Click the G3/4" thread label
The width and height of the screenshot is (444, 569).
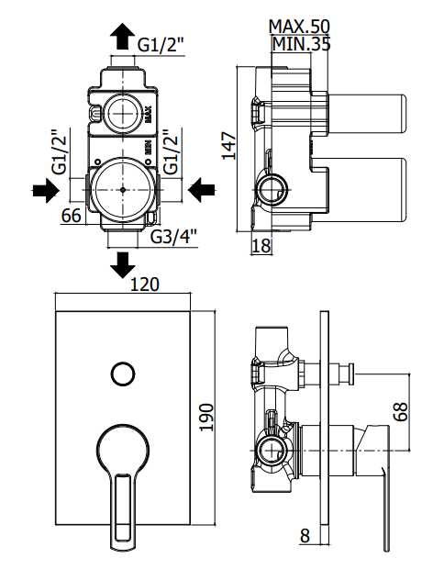(173, 238)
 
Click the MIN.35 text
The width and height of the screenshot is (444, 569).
(301, 42)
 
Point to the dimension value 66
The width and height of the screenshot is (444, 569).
(72, 216)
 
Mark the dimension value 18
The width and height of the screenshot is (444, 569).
(261, 244)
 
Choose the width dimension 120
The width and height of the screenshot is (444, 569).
(145, 284)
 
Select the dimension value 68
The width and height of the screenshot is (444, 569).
(400, 409)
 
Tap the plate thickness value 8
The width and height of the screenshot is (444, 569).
(306, 534)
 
